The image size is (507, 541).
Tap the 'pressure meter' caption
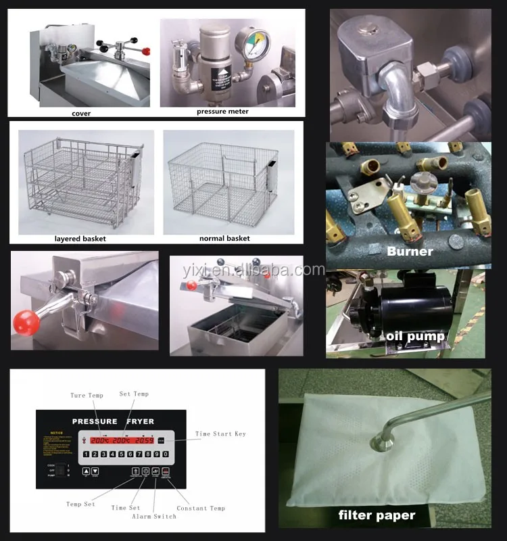click(222, 111)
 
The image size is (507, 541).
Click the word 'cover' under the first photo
click(81, 113)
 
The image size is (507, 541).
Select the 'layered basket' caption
click(80, 238)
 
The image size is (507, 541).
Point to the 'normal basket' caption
click(224, 238)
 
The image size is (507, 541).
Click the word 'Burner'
click(410, 252)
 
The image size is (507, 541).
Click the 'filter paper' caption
click(377, 515)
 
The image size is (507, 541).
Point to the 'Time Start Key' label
click(220, 433)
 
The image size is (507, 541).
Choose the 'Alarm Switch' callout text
click(155, 516)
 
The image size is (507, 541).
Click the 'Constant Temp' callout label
click(201, 508)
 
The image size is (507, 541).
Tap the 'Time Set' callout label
click(125, 508)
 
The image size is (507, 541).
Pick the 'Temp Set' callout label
click(80, 504)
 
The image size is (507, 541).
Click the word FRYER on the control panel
click(137, 421)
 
